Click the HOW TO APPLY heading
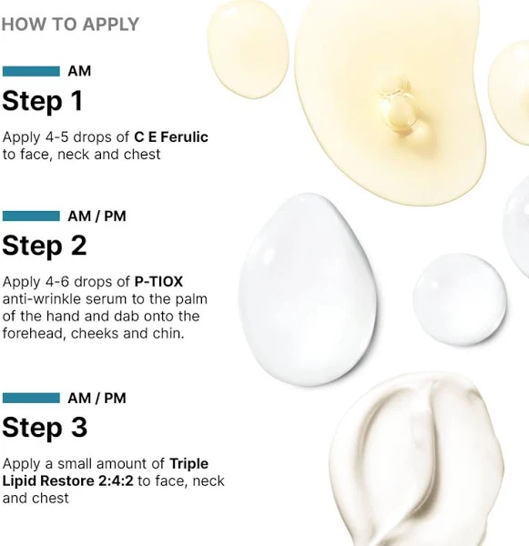tap(70, 25)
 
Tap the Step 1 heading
tap(43, 101)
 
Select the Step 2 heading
tap(45, 246)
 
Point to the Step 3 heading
tap(45, 428)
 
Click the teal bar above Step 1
tap(31, 71)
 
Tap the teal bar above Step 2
tap(31, 216)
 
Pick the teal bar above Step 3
tap(31, 398)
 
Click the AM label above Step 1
tap(79, 71)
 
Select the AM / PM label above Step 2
tap(97, 217)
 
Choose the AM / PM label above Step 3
tap(97, 399)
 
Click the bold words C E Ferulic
tap(171, 136)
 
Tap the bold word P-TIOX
tap(158, 282)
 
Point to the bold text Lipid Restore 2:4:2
tap(68, 480)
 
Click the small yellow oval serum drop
tap(248, 49)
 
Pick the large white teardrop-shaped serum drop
tap(308, 289)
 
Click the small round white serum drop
tap(460, 299)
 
